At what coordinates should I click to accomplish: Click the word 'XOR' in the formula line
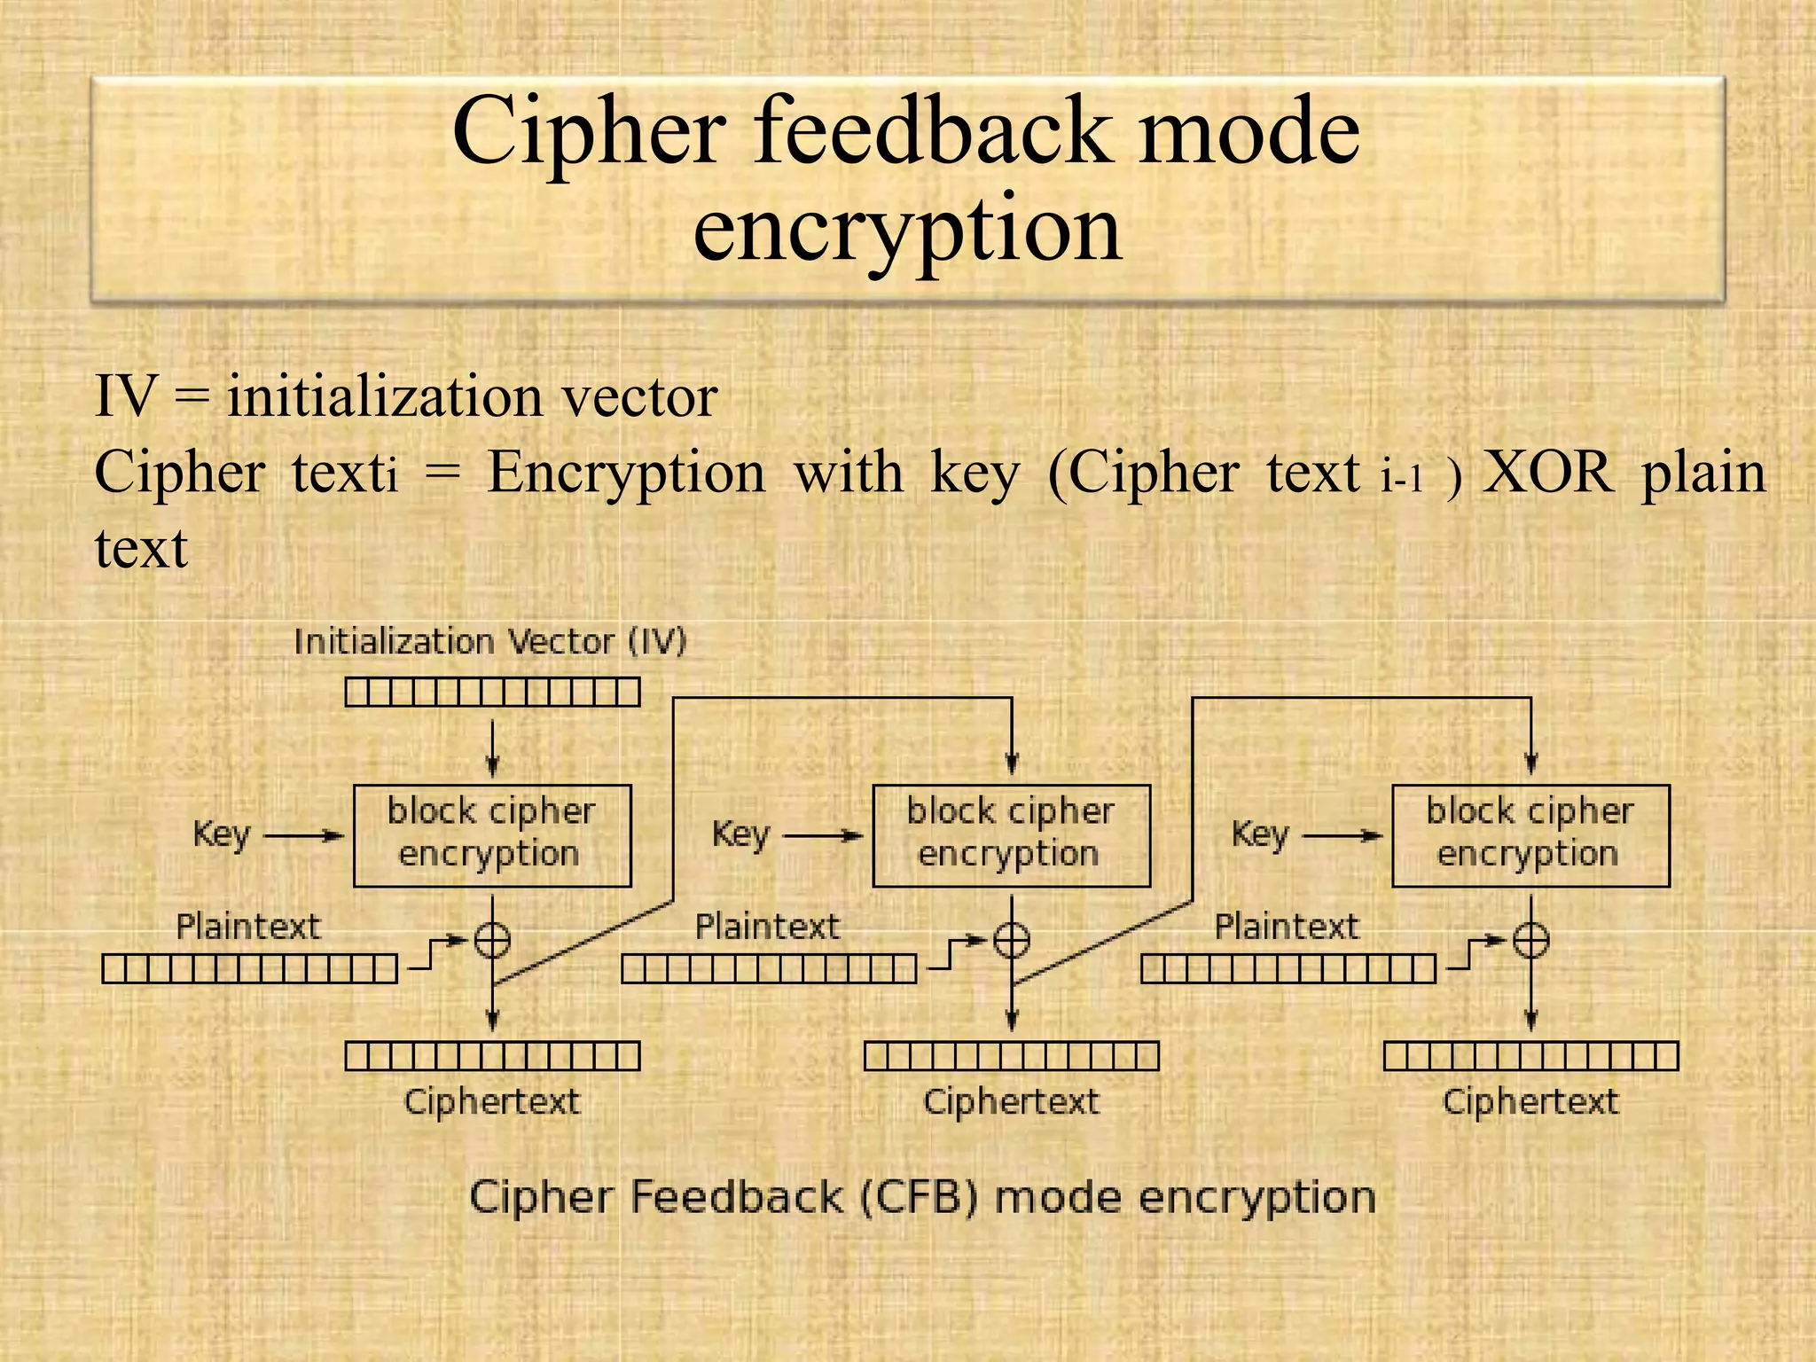[1547, 473]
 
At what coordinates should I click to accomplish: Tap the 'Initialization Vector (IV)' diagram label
[490, 641]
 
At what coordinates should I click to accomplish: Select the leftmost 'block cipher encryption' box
[492, 835]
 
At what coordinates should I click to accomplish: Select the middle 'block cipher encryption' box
[1011, 835]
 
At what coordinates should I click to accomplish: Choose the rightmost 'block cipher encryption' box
[1530, 835]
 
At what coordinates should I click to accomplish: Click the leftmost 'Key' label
[222, 834]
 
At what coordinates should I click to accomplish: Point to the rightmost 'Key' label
[1259, 834]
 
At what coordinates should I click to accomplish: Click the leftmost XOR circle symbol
[492, 940]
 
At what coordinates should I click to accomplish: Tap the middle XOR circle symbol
[1011, 940]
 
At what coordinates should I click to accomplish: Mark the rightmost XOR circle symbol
[1530, 940]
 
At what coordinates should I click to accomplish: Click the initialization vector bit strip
[492, 692]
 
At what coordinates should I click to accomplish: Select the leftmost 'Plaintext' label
[248, 927]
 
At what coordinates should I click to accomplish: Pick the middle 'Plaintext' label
[767, 927]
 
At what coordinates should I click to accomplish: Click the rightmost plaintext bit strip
[1288, 968]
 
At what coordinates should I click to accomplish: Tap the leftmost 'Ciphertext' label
[492, 1102]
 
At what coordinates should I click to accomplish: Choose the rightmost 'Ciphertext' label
[1530, 1102]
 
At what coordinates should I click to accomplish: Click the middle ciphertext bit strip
[1011, 1056]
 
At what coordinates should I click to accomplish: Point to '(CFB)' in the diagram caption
[918, 1197]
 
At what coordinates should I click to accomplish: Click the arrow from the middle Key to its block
[822, 835]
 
